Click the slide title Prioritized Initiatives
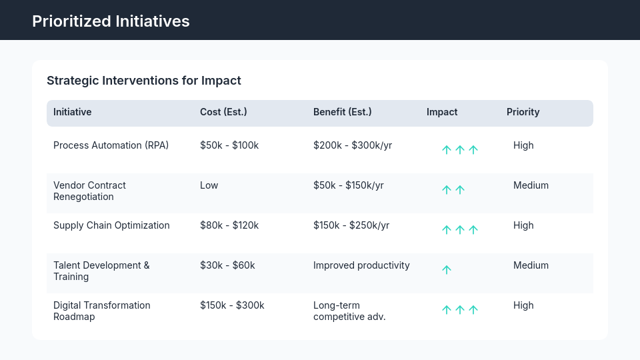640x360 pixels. coord(111,21)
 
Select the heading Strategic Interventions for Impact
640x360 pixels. coord(143,81)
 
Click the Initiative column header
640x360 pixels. coord(72,112)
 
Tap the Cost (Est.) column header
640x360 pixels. coord(223,112)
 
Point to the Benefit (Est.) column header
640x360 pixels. coord(342,112)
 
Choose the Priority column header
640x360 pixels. coord(523,112)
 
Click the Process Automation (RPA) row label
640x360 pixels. coord(111,145)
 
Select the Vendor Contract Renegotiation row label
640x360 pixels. coord(89,191)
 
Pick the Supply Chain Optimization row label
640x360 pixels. coord(111,225)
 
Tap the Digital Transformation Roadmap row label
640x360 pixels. coord(101,311)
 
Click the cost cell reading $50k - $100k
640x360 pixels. coord(229,145)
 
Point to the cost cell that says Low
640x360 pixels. coord(209,185)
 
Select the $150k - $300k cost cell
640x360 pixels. coord(232,305)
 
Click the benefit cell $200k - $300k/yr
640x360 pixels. coord(352,145)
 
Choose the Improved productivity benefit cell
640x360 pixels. coord(361,265)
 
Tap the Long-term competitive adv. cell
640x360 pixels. coord(349,311)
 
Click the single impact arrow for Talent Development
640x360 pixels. coord(447,270)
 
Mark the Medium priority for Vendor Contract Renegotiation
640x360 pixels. coord(531,185)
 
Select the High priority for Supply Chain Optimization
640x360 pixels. coord(523,225)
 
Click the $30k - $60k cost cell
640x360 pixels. coord(227,265)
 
